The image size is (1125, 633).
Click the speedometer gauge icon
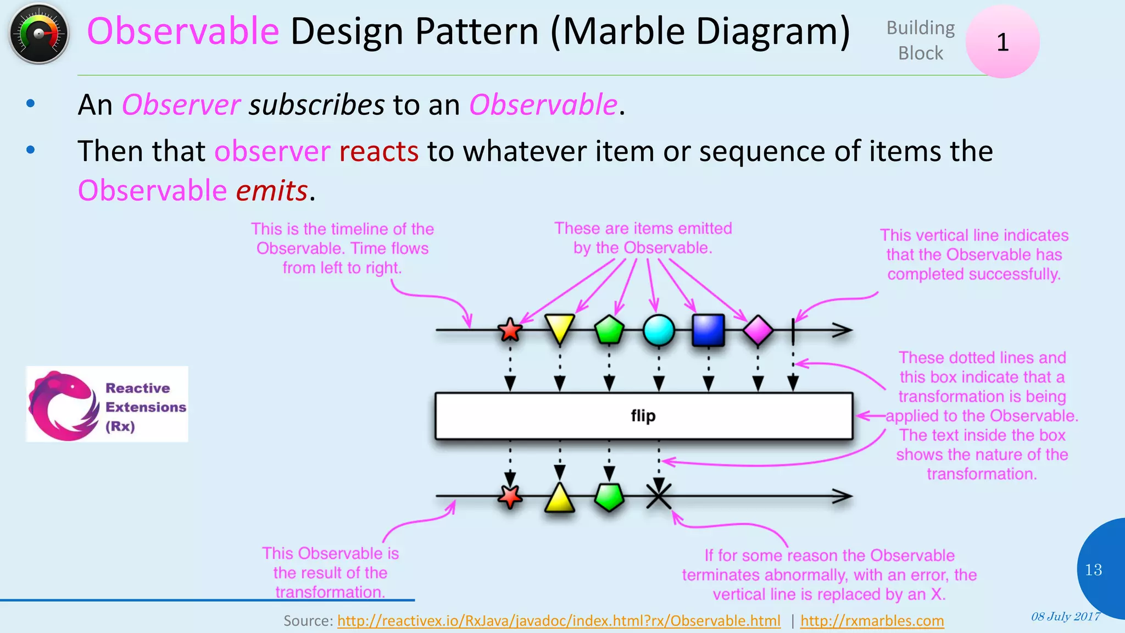(38, 34)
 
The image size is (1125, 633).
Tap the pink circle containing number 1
(1002, 42)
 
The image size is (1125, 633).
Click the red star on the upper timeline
(510, 330)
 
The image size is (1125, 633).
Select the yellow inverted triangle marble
(559, 327)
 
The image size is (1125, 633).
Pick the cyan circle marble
(659, 330)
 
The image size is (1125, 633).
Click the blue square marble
(708, 330)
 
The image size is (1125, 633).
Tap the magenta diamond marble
(758, 330)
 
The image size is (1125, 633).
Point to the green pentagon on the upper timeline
(609, 330)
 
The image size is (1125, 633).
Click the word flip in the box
(643, 415)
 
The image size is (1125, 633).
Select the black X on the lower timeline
(659, 496)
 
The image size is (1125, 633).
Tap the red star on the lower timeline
(510, 496)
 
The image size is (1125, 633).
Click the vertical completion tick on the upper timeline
(793, 330)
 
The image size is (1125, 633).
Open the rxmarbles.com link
(872, 621)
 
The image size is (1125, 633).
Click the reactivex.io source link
(558, 621)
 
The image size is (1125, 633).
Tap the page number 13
(1093, 570)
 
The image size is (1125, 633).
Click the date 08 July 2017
(1065, 617)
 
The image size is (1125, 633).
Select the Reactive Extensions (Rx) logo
(107, 404)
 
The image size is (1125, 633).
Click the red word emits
(271, 191)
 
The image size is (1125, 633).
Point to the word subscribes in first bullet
(316, 104)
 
